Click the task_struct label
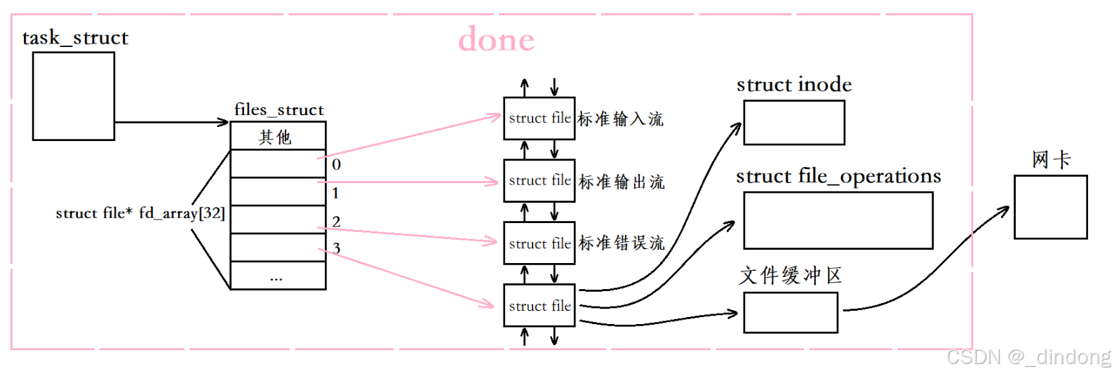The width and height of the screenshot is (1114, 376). pos(75,38)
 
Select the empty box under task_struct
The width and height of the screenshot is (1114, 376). pos(74,96)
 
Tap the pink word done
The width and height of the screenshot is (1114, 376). pos(496,40)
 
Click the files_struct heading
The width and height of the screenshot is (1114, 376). pos(278,110)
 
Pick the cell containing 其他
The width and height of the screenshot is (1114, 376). pos(278,136)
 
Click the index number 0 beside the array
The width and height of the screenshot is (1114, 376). pos(337,165)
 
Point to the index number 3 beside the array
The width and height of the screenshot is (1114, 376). pos(337,248)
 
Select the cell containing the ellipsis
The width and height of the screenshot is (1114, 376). pos(278,276)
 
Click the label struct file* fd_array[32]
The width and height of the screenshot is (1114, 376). pos(140,213)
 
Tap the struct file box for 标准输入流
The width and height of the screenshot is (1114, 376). pos(539,119)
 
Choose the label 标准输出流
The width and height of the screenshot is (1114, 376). pos(621,182)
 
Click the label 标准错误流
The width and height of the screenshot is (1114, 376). pos(621,243)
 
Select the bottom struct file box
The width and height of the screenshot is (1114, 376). pos(539,306)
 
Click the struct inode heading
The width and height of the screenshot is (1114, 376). pos(794,85)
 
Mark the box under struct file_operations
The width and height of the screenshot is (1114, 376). pos(838,220)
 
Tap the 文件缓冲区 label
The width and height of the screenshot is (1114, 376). pos(791,276)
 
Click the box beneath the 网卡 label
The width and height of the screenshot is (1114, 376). pos(1050,207)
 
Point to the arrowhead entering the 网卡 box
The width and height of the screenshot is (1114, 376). pos(1006,209)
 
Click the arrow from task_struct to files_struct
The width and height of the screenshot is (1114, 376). pos(172,122)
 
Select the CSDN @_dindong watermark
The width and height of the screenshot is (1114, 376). pos(1028,357)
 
